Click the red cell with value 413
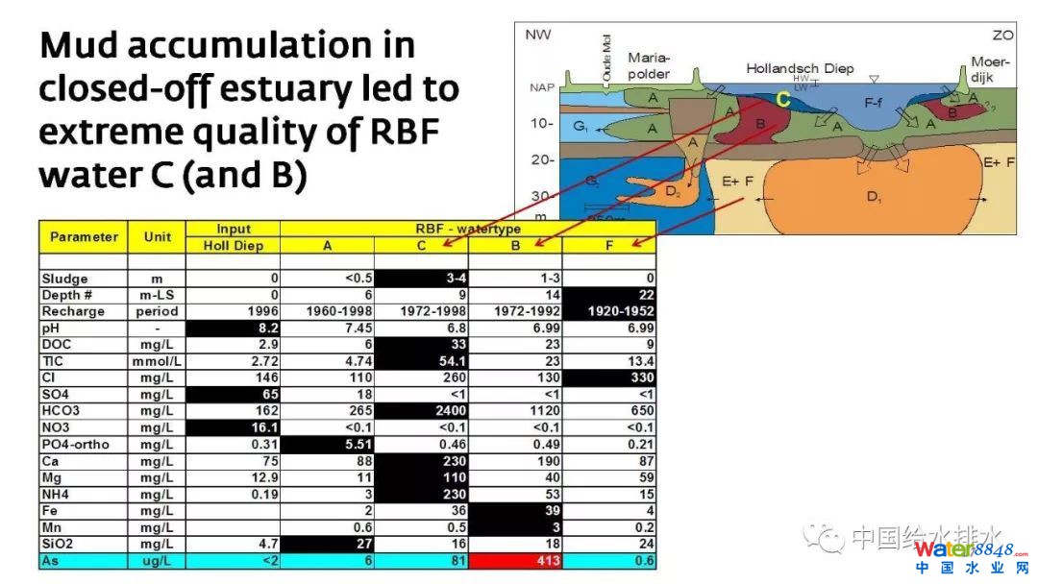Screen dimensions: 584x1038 click(x=514, y=561)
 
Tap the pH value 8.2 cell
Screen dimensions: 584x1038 click(x=233, y=328)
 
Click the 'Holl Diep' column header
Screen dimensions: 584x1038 click(x=233, y=245)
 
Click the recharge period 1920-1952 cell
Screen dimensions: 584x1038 click(x=609, y=311)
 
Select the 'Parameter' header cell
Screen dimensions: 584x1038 click(x=84, y=236)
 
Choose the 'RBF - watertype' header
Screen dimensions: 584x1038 click(x=468, y=229)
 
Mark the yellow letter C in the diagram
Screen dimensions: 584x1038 click(x=782, y=99)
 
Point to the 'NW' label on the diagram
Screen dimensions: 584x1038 click(x=537, y=35)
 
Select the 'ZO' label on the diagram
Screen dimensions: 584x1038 click(x=1002, y=35)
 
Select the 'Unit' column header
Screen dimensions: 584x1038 click(x=157, y=236)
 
